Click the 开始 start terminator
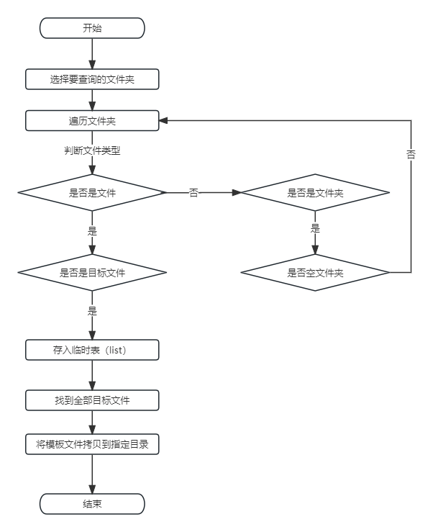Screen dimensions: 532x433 click(92, 28)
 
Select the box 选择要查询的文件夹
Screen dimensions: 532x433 click(92, 79)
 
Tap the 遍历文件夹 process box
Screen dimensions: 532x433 click(92, 121)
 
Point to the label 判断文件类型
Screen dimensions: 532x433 click(92, 151)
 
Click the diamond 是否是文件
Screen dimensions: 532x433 click(92, 193)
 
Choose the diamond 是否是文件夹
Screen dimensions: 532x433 click(315, 193)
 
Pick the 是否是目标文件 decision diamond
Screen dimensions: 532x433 click(92, 273)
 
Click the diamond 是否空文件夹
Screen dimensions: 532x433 click(315, 273)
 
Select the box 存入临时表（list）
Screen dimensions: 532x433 click(92, 351)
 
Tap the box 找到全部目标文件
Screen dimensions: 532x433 click(92, 400)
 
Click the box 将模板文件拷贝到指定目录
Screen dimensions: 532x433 click(92, 444)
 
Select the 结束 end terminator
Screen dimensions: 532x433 click(92, 503)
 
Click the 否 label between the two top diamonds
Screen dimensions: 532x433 click(193, 193)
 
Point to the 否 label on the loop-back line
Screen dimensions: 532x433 click(411, 155)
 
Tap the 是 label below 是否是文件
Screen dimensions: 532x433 click(92, 231)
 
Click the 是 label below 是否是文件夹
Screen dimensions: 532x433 click(315, 228)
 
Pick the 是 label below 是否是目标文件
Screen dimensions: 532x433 click(92, 311)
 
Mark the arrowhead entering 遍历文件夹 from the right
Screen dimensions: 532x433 click(163, 121)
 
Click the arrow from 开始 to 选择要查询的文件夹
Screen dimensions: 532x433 click(92, 54)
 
